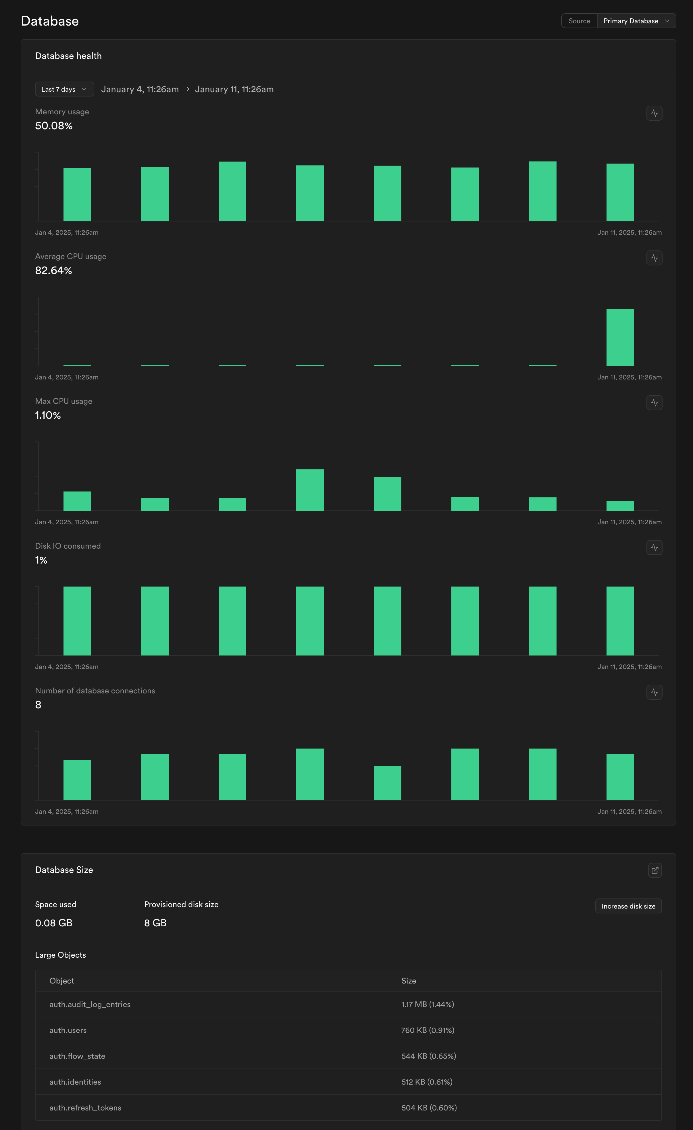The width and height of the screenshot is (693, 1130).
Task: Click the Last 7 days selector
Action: pos(64,89)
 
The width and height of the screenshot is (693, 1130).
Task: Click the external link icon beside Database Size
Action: pos(654,870)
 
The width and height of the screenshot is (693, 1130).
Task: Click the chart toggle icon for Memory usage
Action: pos(654,113)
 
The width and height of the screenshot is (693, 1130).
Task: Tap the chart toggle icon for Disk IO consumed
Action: pos(654,547)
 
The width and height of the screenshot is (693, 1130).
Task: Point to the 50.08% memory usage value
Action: pos(54,126)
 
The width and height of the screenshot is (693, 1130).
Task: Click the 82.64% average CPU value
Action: pos(54,271)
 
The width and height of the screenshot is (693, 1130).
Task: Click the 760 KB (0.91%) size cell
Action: pos(428,1030)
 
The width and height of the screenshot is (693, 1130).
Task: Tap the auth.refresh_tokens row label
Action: pos(85,1108)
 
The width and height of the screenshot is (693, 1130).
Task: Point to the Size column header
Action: pos(409,981)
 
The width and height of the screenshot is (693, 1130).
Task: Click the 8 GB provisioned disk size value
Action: pos(155,923)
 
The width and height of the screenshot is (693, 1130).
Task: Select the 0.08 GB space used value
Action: pos(54,923)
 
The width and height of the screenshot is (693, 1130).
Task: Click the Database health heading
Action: pos(68,56)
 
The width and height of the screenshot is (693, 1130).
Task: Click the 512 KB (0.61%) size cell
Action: pos(427,1082)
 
